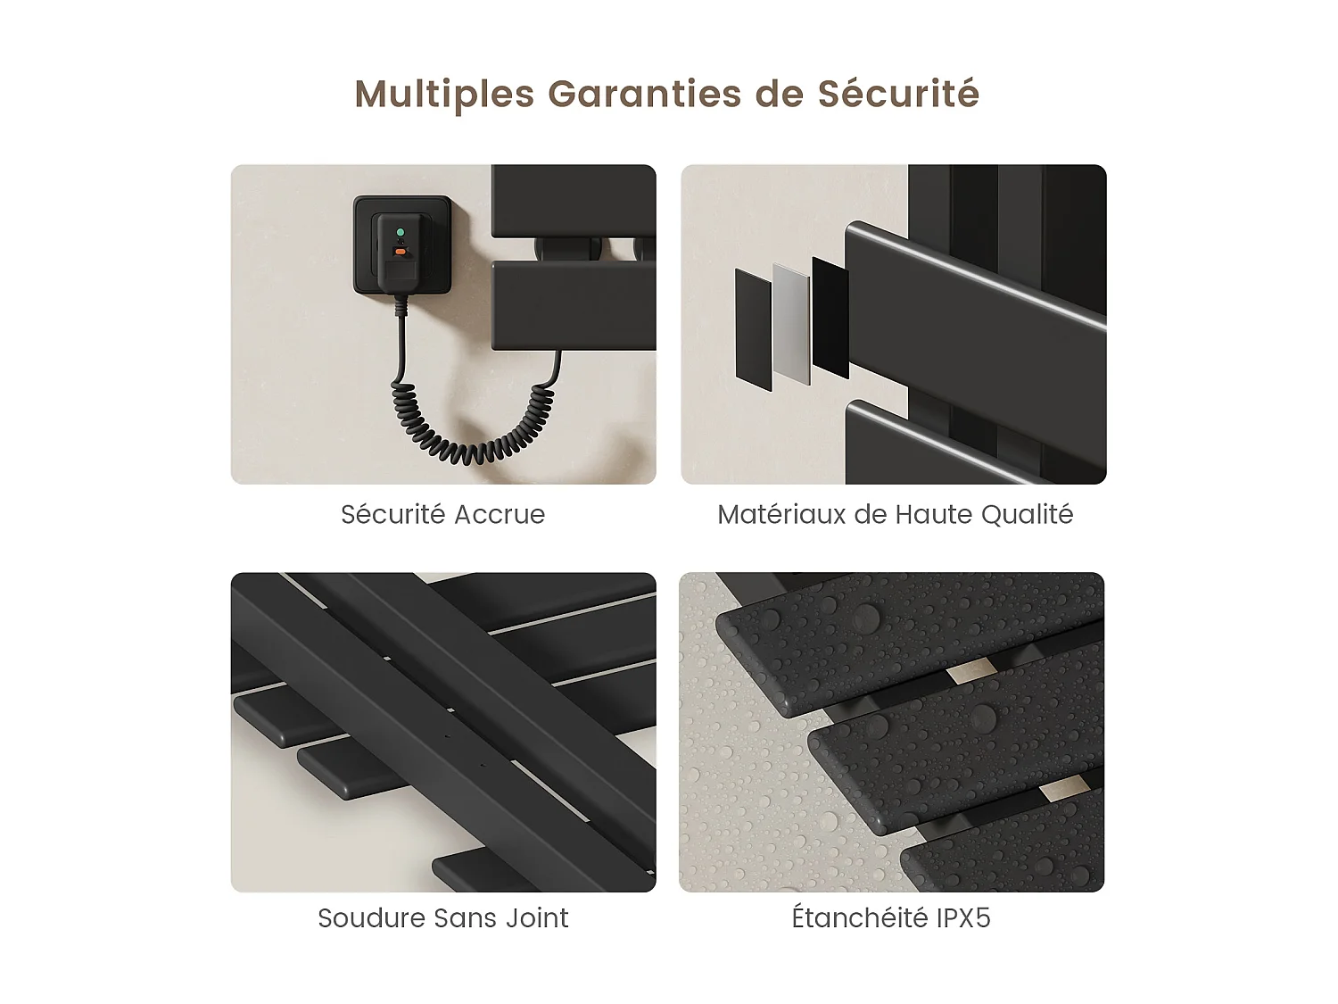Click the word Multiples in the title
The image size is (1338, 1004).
coord(444,95)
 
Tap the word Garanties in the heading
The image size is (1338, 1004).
coord(644,94)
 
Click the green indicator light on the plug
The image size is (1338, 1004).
coord(400,232)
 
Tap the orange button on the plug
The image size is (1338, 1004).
coord(400,252)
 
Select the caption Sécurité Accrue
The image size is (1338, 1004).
coord(442,514)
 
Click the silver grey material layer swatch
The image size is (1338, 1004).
coord(790,323)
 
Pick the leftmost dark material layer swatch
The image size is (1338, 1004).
coord(753,328)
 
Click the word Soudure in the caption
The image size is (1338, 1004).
coord(371,917)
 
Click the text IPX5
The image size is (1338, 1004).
coord(963,917)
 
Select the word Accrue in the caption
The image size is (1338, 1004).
coord(499,514)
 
